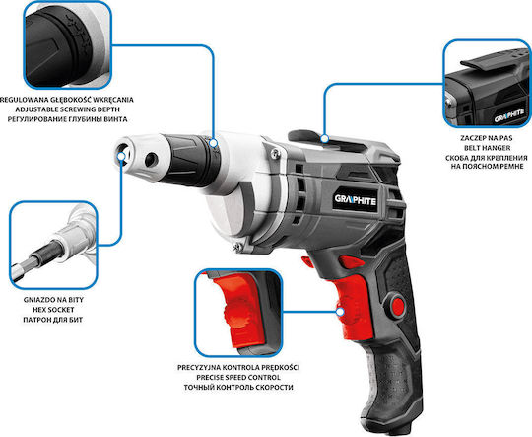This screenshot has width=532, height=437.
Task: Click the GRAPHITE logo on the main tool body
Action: pyautogui.click(x=356, y=200)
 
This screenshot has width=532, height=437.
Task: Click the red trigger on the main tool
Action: pyautogui.click(x=353, y=306)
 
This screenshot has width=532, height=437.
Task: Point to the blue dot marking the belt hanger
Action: pyautogui.click(x=325, y=139)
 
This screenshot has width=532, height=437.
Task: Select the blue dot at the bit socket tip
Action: pyautogui.click(x=121, y=156)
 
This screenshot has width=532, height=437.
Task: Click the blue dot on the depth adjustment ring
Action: pyautogui.click(x=214, y=143)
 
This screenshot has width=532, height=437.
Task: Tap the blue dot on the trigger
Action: pyautogui.click(x=340, y=312)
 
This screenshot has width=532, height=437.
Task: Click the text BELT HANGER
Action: pyautogui.click(x=488, y=148)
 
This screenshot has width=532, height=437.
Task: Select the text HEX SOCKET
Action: pyautogui.click(x=53, y=310)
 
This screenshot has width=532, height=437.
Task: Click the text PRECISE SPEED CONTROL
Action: pyautogui.click(x=238, y=377)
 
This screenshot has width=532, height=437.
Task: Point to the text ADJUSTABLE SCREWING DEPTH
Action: pyautogui.click(x=68, y=109)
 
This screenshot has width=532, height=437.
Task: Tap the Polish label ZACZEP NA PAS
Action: pyautogui.click(x=487, y=138)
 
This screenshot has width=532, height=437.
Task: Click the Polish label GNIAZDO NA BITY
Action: pyautogui.click(x=53, y=300)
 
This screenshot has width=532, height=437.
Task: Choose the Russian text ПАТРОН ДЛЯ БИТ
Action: pyautogui.click(x=53, y=320)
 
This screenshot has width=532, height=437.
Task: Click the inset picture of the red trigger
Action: pyautogui.click(x=238, y=313)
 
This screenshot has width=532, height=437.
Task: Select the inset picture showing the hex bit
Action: pyautogui.click(x=53, y=245)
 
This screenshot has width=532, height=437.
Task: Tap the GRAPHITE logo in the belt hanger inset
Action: pyautogui.click(x=509, y=115)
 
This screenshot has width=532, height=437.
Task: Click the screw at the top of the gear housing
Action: pyautogui.click(x=276, y=155)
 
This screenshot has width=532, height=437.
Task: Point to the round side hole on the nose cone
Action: pyautogui.click(x=152, y=160)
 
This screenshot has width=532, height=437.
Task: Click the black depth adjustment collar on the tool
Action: pyautogui.click(x=190, y=160)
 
